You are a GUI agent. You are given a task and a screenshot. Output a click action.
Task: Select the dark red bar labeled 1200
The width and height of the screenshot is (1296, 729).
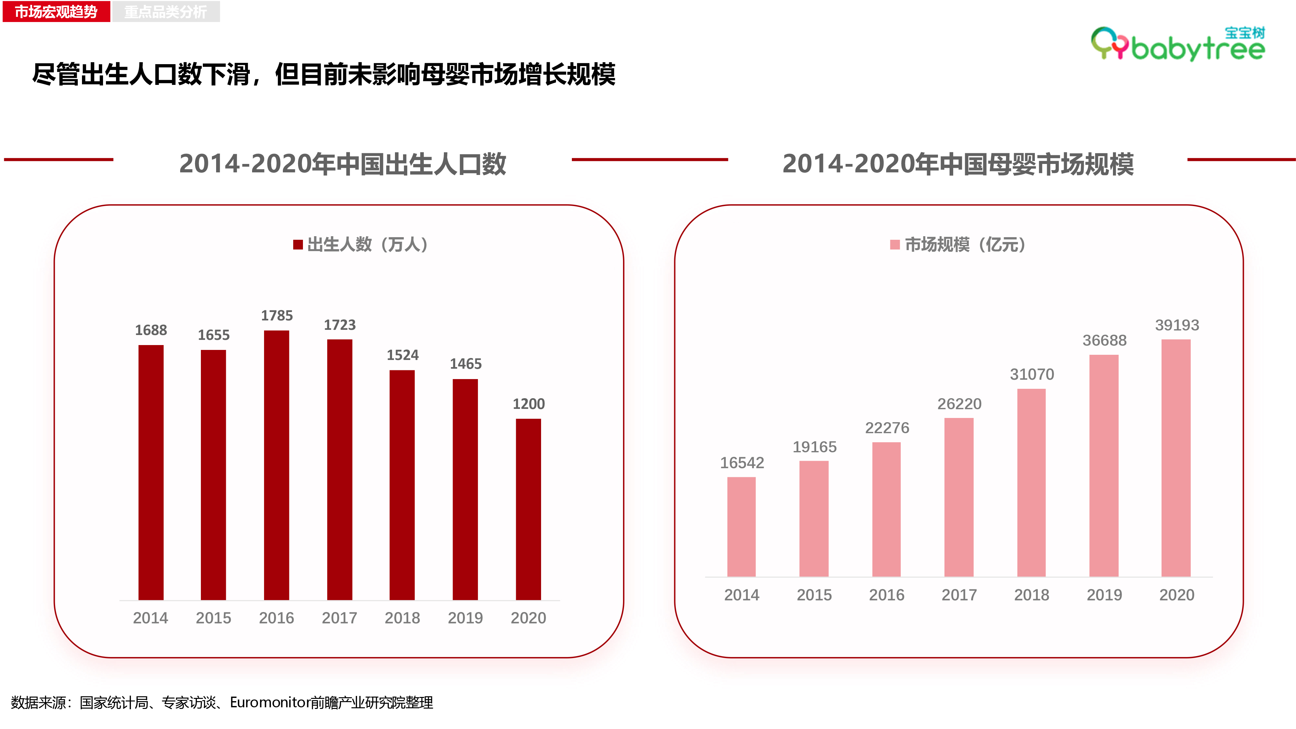point(528,509)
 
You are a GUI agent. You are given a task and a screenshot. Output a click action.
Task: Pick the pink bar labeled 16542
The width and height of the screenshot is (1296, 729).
point(742,527)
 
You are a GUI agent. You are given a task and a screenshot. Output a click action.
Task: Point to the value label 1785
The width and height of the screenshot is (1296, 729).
point(277,316)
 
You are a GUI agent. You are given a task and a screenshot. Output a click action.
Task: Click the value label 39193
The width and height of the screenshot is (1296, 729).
point(1177,325)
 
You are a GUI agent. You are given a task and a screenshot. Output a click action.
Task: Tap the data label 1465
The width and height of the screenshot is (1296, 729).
point(465,364)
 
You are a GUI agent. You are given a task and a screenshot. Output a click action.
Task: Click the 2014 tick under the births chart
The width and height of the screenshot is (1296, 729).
point(150,618)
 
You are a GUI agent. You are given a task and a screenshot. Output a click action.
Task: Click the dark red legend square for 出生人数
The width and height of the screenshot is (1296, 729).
point(298,245)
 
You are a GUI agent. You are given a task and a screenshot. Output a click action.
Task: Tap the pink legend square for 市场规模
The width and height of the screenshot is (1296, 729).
point(895,245)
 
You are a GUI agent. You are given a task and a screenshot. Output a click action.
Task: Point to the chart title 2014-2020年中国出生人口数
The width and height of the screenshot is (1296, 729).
point(342,164)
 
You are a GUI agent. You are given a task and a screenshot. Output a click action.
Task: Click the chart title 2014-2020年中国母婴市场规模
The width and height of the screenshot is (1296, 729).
point(958,164)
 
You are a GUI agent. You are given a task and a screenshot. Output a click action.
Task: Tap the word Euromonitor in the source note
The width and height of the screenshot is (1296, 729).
point(270,702)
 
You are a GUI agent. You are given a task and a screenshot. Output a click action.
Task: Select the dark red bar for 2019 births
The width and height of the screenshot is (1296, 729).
point(465,490)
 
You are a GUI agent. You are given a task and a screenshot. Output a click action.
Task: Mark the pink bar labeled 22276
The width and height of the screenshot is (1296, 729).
point(886,509)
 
